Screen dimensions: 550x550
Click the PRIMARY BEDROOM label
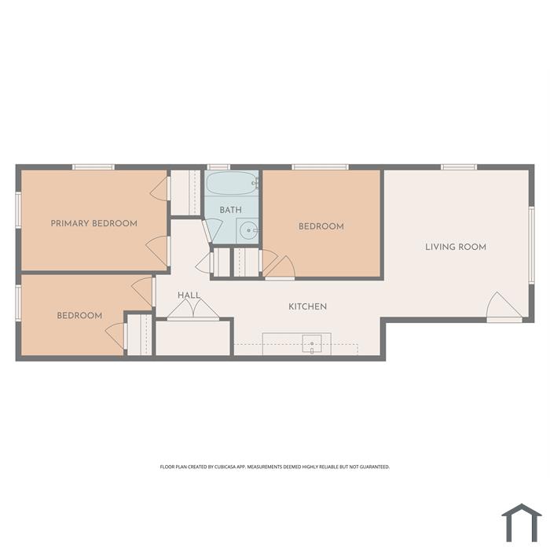click(94, 223)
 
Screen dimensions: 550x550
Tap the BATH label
click(230, 210)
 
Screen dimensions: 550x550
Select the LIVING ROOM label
click(456, 247)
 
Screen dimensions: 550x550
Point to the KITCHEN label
click(308, 306)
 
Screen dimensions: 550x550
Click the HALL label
click(189, 295)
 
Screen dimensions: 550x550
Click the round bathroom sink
click(248, 230)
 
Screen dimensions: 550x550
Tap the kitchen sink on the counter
click(312, 343)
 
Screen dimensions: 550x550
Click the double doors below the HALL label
click(193, 310)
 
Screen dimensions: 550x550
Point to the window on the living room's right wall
click(531, 244)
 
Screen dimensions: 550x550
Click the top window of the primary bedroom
click(93, 167)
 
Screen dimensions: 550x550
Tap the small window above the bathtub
click(218, 167)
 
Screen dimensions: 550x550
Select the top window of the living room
click(459, 167)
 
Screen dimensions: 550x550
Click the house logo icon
click(522, 522)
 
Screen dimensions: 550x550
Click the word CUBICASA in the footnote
click(225, 467)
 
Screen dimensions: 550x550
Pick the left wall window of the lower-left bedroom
click(18, 302)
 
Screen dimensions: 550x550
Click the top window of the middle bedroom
click(321, 167)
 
